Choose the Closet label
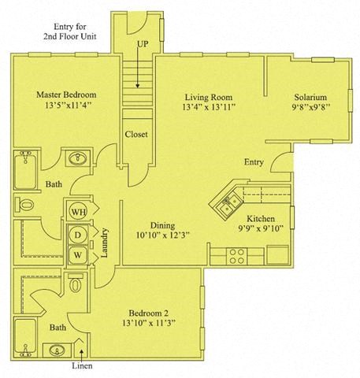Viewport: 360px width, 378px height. [x=136, y=134]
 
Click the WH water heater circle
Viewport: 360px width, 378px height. [x=80, y=212]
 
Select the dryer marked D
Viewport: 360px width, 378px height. [x=80, y=234]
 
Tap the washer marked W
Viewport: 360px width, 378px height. [x=80, y=255]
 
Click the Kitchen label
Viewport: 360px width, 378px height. [x=261, y=218]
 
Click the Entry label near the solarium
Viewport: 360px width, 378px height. [x=254, y=163]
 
